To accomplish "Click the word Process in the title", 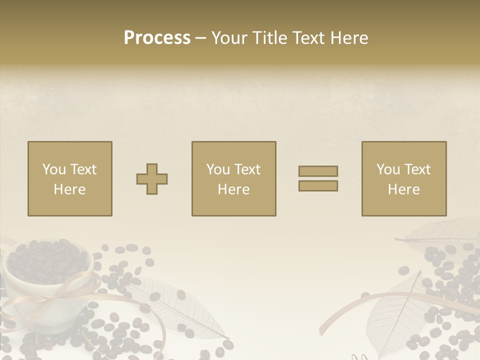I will click(157, 38).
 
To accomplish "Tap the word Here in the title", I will click(349, 38).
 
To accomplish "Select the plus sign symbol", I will click(152, 179).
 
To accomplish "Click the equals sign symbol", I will click(318, 178).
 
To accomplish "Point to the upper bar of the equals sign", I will click(318, 171).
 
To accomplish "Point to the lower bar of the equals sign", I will click(318, 186).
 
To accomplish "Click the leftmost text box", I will click(70, 178).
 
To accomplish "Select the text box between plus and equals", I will click(233, 178).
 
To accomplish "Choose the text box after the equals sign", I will click(404, 178).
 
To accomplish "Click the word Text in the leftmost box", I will click(82, 169).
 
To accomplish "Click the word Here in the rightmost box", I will click(404, 189).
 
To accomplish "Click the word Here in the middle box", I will click(233, 189).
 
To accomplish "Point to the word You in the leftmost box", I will click(54, 169).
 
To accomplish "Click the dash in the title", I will click(200, 38).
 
